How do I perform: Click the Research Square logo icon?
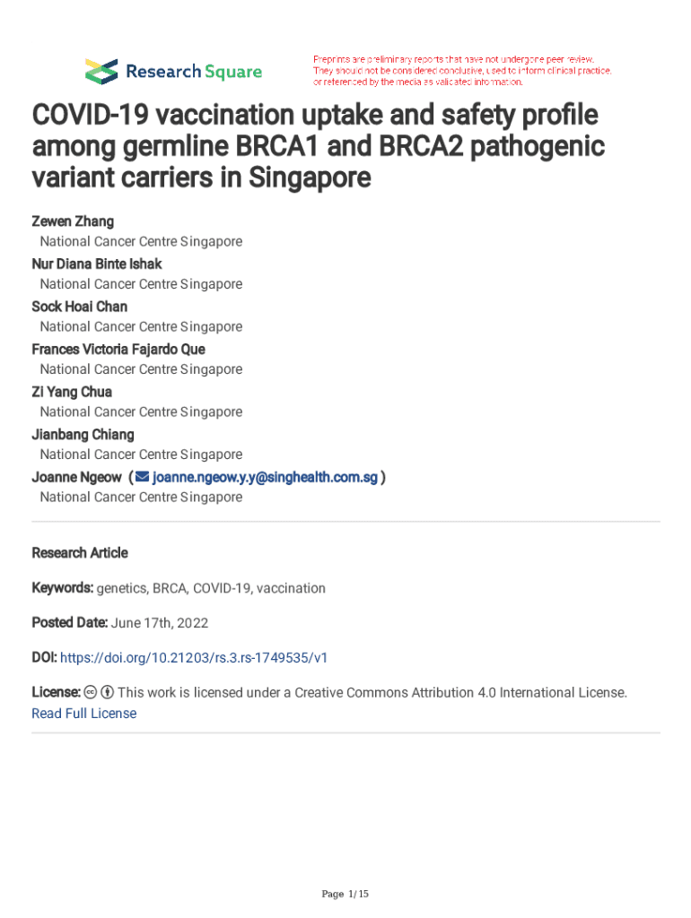pos(101,71)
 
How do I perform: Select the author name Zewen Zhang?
pos(73,221)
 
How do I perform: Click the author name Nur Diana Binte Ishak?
pos(97,264)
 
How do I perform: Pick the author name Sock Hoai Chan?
pos(80,307)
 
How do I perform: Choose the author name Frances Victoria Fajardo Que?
pos(118,349)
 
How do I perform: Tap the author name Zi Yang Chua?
pos(72,392)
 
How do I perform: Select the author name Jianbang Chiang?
pos(83,435)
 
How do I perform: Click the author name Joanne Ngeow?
pos(76,477)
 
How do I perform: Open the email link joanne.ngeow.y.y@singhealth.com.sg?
pos(266,477)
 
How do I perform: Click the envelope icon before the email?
pos(142,477)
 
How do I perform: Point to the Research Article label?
pos(80,553)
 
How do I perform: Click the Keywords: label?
pos(63,588)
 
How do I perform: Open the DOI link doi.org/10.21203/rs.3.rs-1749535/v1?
pos(194,657)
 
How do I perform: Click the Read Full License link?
pos(84,714)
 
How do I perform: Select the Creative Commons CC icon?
pos(90,692)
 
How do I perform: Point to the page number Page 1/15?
pos(345,894)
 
